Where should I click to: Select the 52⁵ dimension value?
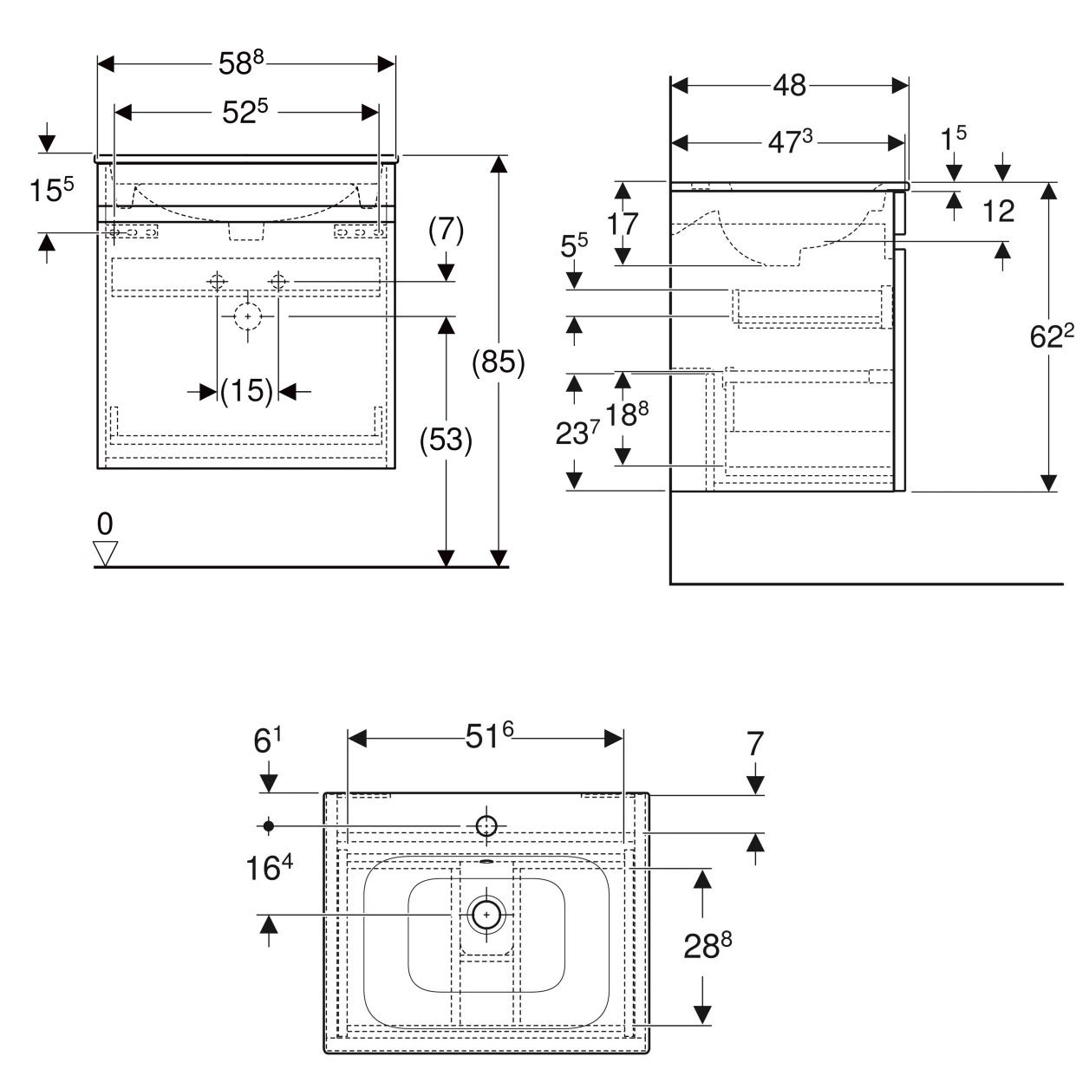[x=245, y=111]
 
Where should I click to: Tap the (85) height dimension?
[x=498, y=362]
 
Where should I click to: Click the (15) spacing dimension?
[x=247, y=390]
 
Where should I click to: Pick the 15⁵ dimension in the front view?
[x=51, y=189]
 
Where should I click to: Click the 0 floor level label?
[x=105, y=524]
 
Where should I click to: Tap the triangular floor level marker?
[x=106, y=552]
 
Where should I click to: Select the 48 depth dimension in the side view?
[x=789, y=85]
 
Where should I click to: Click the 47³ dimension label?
[x=790, y=142]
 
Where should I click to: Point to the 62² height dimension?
[x=1051, y=336]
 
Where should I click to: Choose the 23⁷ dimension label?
[x=577, y=433]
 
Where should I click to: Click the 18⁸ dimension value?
[x=627, y=414]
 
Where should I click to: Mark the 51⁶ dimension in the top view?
[x=489, y=735]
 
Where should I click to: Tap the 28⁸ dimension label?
[x=707, y=945]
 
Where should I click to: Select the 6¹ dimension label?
[x=267, y=740]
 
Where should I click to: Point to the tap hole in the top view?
[x=486, y=826]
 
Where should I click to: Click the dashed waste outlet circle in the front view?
[x=247, y=316]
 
